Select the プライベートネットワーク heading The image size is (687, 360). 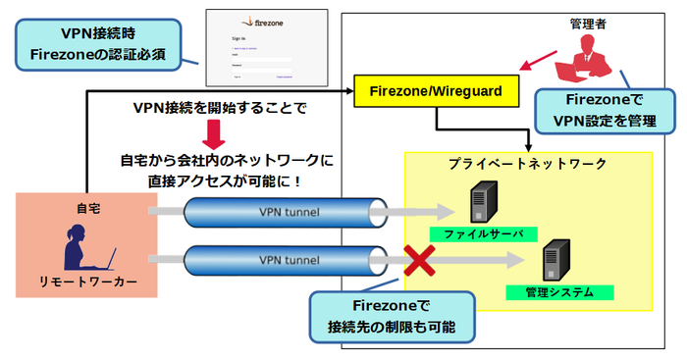point(527,164)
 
